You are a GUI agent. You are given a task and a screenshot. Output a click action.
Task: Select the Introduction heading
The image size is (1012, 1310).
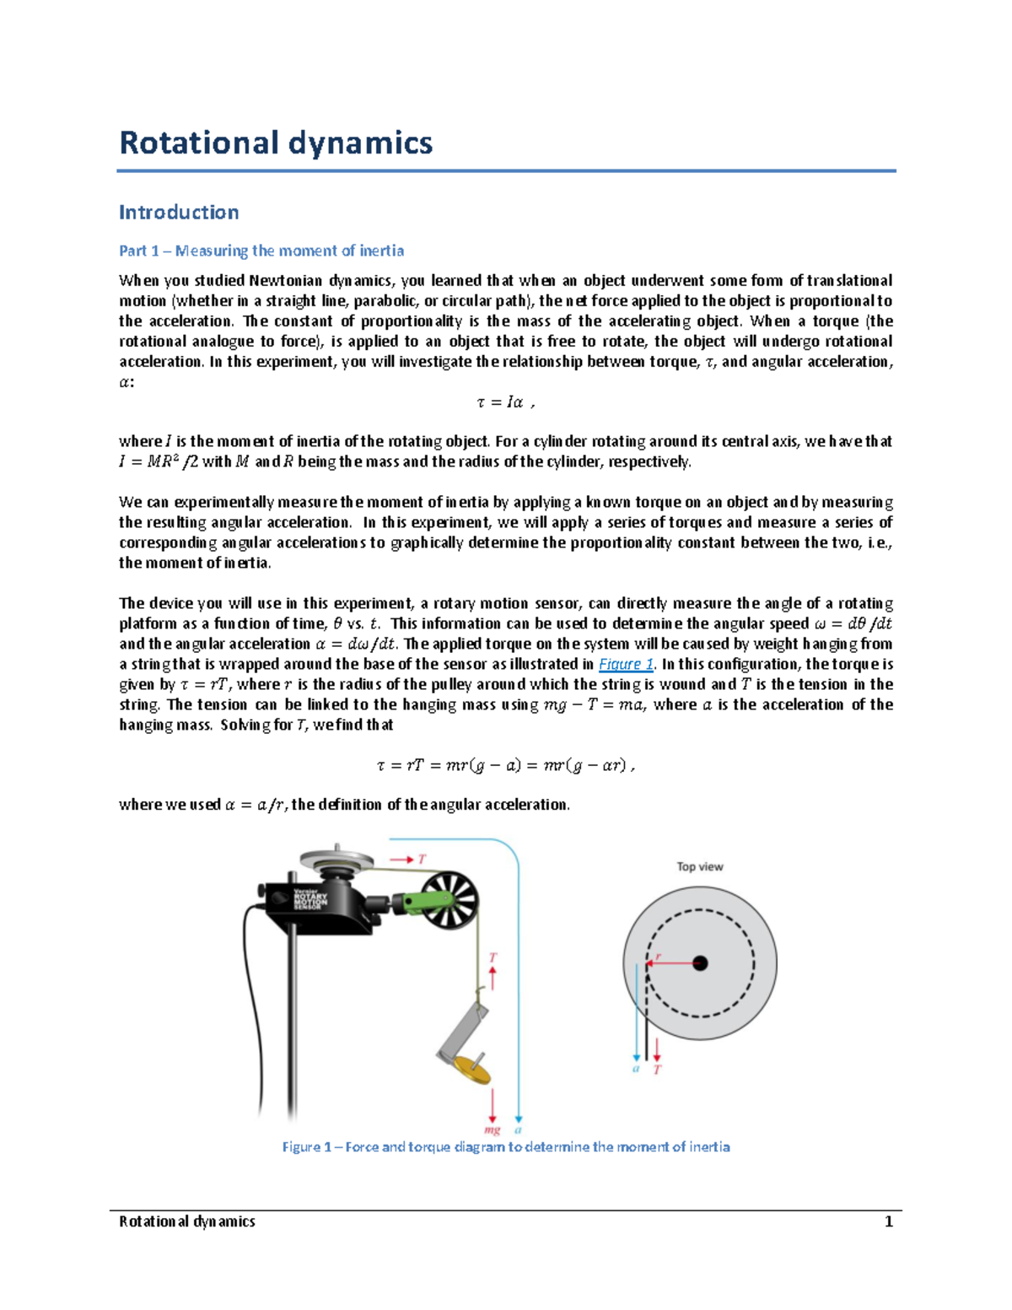point(179,212)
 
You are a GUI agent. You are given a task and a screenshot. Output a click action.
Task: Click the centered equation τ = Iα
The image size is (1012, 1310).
point(505,402)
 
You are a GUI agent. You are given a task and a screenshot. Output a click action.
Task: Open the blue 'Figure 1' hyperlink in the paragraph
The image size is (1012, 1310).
point(626,664)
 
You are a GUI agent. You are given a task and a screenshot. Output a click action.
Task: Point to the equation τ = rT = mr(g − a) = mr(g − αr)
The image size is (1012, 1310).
point(505,766)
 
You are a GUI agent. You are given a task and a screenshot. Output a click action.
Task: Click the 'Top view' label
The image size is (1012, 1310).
point(699,866)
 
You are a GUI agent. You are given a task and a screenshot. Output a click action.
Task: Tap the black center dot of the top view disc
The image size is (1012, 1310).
point(700,963)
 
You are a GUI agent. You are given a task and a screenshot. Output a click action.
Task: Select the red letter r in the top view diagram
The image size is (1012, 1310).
point(658,957)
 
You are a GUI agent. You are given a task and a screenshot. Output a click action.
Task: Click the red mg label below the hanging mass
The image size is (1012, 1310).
point(492,1129)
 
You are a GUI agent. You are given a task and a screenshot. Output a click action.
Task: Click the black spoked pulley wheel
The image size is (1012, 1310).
point(449,901)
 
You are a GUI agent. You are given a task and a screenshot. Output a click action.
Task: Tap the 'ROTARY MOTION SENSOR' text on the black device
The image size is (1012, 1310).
point(310,899)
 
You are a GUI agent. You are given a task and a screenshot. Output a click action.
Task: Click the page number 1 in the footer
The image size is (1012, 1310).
point(888,1221)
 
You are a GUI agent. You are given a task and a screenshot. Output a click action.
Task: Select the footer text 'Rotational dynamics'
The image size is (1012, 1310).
point(187,1221)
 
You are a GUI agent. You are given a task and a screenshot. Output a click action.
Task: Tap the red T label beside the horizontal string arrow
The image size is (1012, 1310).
point(422,859)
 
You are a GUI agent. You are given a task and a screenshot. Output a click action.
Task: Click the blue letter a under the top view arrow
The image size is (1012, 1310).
point(636,1069)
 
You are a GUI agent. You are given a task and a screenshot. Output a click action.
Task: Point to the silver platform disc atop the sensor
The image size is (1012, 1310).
point(336,860)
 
